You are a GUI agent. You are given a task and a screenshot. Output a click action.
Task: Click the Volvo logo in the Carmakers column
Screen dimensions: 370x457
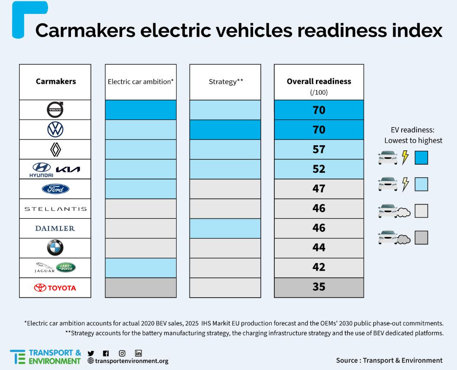[55, 110]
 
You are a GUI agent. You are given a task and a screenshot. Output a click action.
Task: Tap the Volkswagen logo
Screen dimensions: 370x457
[55, 130]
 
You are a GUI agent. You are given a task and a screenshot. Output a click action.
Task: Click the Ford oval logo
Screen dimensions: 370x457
[55, 189]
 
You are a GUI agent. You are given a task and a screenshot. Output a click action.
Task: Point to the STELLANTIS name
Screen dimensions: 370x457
[55, 209]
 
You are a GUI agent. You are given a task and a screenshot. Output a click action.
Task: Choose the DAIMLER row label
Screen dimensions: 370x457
[55, 228]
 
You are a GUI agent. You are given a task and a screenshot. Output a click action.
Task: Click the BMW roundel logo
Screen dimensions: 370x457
[55, 248]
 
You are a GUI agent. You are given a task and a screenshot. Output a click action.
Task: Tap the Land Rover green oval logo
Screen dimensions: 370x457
[66, 267]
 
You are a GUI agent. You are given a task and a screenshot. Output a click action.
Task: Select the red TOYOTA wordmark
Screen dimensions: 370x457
[61, 288]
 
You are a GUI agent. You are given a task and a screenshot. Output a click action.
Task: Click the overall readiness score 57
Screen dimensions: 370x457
[319, 149]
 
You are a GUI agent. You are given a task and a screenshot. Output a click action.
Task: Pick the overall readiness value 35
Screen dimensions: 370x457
[319, 287]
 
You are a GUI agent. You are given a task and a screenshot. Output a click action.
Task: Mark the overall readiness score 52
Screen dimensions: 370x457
[319, 169]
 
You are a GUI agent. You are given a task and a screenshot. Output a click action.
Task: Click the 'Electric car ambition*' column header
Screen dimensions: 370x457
[141, 81]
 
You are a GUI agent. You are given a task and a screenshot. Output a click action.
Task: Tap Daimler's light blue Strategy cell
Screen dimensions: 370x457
[225, 228]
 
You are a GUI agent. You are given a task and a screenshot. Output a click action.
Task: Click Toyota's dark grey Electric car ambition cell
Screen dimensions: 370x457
[141, 288]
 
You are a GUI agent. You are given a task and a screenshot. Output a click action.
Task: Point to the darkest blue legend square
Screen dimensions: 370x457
[421, 157]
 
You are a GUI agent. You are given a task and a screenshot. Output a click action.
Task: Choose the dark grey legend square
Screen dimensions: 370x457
[421, 237]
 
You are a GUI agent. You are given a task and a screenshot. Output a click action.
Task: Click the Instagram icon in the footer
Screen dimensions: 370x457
[122, 353]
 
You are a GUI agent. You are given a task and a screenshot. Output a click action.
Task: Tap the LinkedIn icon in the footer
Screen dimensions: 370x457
[138, 353]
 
